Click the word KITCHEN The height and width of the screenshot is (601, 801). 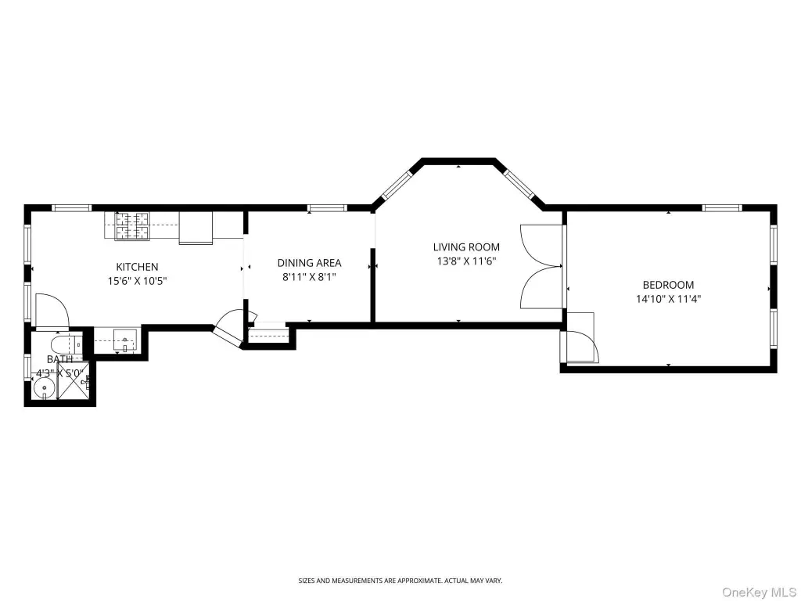tap(137, 267)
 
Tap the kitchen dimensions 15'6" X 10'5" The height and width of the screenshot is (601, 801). tap(137, 281)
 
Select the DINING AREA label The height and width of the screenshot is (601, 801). tap(309, 263)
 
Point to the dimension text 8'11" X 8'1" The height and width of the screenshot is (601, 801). tap(309, 277)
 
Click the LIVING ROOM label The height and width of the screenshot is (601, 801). tap(466, 247)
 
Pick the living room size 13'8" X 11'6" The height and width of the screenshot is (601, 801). tap(466, 261)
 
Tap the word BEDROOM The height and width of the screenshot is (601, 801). tap(668, 285)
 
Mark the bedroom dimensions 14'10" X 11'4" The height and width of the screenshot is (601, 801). tap(668, 299)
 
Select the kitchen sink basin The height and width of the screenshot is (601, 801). tap(124, 340)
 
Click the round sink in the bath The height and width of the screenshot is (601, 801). tap(45, 388)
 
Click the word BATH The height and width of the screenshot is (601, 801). tap(59, 359)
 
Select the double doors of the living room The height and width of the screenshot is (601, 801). tap(541, 267)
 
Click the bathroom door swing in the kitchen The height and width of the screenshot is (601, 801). tap(52, 310)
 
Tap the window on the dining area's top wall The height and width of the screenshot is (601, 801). tap(327, 207)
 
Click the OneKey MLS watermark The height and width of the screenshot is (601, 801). tap(759, 592)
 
